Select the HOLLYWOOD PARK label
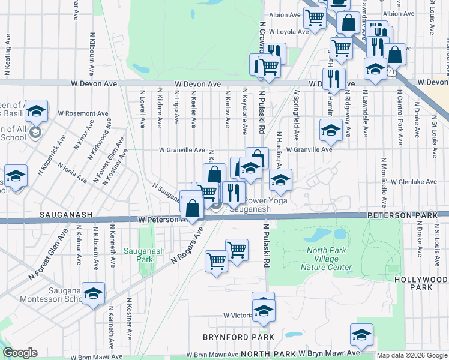pyautogui.click(x=421, y=284)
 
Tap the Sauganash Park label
pyautogui.click(x=139, y=255)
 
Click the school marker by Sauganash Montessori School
pyautogui.click(x=93, y=293)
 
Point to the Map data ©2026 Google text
pyautogui.click(x=411, y=355)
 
